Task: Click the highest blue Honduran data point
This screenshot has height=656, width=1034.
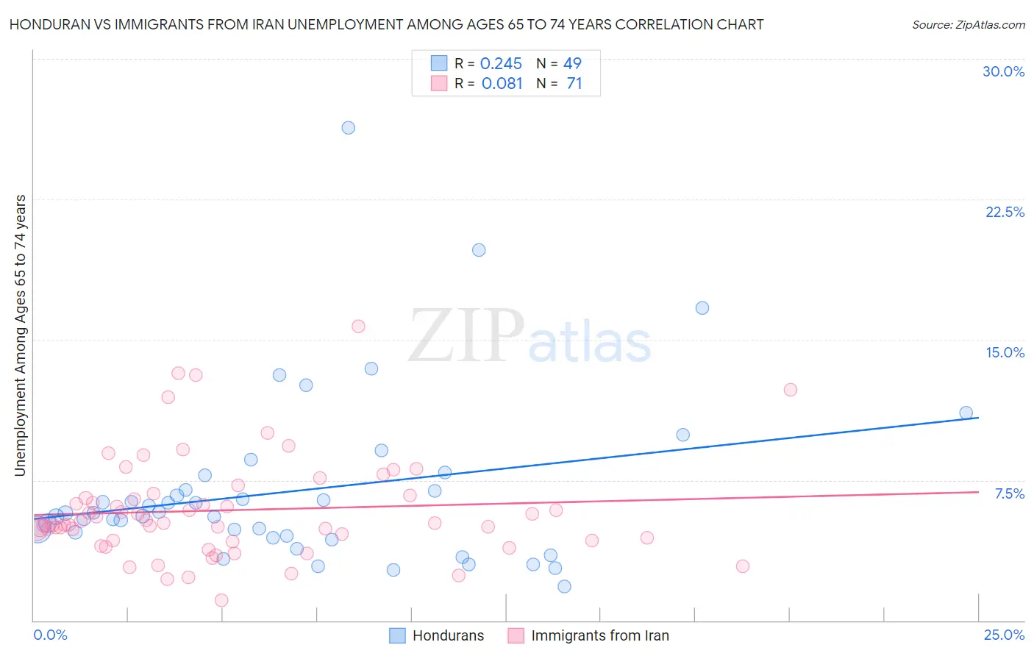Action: [x=349, y=128]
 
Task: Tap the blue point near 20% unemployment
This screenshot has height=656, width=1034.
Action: [x=479, y=250]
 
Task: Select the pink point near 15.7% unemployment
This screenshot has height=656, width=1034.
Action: [x=358, y=327]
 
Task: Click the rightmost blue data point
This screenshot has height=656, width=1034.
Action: [x=966, y=413]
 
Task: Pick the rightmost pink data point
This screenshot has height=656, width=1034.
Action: [x=791, y=390]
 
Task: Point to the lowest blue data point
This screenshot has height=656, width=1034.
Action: [x=564, y=586]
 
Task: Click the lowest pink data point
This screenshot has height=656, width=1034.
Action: [x=221, y=600]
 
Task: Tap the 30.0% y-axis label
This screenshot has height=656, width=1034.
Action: [x=1003, y=72]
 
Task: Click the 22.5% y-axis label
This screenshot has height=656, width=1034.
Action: [x=1005, y=213]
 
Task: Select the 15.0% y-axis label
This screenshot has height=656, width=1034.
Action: [x=1005, y=353]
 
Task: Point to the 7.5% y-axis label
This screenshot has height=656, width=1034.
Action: [x=1009, y=494]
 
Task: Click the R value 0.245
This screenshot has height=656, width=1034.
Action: [x=501, y=64]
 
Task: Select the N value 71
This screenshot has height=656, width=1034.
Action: [x=574, y=84]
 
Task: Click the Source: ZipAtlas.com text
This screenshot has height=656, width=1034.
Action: [x=968, y=25]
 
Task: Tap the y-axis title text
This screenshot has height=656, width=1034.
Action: [x=21, y=335]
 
